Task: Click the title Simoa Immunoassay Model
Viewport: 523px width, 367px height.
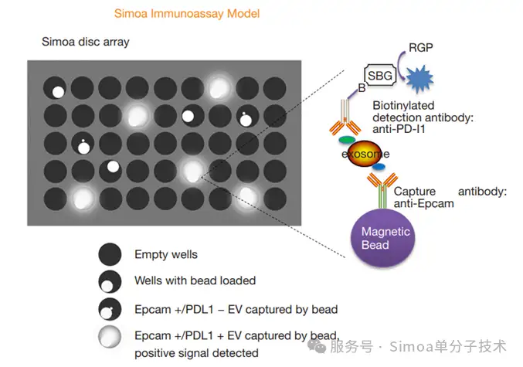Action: coord(187,14)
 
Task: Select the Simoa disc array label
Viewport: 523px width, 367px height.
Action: coord(86,42)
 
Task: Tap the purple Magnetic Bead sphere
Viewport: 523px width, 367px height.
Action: coord(383,238)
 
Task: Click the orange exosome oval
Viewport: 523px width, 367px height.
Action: coord(364,154)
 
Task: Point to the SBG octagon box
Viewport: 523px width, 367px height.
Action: coord(380,76)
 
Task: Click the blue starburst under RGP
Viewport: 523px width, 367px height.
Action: coord(419,79)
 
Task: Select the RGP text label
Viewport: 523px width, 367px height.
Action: coord(421,48)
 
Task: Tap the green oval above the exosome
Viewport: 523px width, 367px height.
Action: coord(347,139)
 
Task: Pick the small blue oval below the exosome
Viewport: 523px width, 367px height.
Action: coord(379,166)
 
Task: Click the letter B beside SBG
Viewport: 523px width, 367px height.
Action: coord(362,88)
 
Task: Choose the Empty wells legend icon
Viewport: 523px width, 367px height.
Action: coord(110,254)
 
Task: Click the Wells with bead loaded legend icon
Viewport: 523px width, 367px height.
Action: coord(110,281)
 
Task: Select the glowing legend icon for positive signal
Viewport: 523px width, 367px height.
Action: coord(110,337)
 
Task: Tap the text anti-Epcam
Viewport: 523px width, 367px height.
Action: coord(423,203)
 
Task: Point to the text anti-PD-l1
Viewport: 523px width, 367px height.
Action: coord(399,129)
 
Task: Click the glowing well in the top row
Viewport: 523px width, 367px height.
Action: coord(219,88)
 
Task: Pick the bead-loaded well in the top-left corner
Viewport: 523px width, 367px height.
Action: coord(55,88)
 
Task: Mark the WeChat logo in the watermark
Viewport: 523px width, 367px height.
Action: coord(317,345)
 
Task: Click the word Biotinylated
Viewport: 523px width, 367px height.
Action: coord(403,105)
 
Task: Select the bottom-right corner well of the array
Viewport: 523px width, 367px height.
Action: coord(275,199)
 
